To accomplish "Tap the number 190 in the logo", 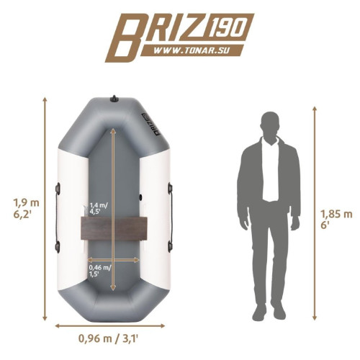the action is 226,28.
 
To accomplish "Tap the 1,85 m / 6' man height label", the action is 336,219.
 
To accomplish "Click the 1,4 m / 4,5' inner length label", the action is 99,208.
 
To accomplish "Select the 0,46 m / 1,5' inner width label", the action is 100,271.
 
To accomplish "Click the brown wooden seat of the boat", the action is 114,228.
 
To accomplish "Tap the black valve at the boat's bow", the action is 114,99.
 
